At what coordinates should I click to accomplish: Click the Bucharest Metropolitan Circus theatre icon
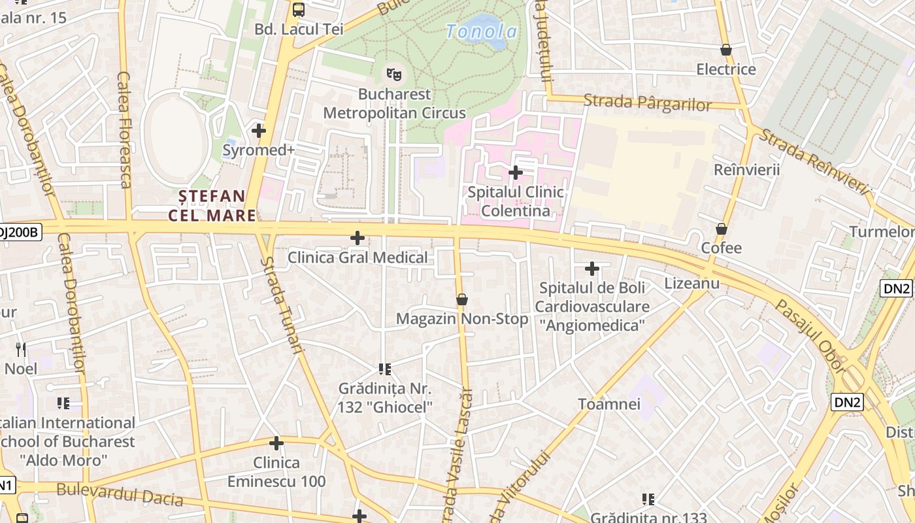[x=393, y=75]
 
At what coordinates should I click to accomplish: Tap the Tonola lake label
[x=482, y=31]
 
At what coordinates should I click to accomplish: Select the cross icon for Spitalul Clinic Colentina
[x=516, y=173]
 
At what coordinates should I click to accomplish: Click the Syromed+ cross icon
[x=259, y=131]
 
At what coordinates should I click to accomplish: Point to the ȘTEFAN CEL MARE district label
[x=212, y=205]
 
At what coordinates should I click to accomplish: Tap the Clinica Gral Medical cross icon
[x=358, y=238]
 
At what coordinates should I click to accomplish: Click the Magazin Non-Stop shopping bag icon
[x=462, y=299]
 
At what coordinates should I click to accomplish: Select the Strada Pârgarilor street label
[x=647, y=103]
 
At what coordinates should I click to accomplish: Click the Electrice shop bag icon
[x=725, y=50]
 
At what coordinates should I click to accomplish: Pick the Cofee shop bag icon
[x=722, y=229]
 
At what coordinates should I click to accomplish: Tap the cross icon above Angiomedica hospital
[x=592, y=269]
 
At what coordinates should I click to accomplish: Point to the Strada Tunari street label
[x=282, y=305]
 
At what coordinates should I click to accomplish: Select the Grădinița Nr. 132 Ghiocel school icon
[x=385, y=369]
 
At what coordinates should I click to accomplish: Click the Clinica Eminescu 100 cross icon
[x=276, y=444]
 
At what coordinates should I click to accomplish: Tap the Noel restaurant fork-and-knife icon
[x=21, y=350]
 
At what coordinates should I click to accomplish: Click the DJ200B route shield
[x=20, y=231]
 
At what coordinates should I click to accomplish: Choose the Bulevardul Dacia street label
[x=119, y=494]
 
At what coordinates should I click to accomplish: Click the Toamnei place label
[x=609, y=404]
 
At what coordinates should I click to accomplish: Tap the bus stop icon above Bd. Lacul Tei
[x=299, y=9]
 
